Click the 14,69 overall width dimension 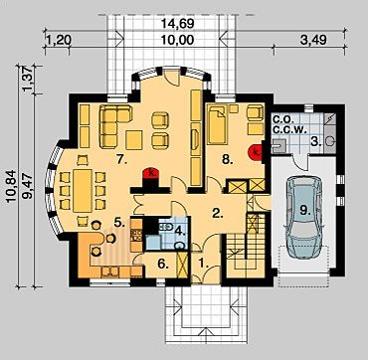[177, 24]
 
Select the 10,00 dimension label [177, 40]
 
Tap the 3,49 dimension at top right [312, 40]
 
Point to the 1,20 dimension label [59, 41]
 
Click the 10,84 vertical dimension [11, 186]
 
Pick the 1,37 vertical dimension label [28, 80]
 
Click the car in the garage [304, 217]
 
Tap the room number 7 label [121, 159]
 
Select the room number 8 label [227, 160]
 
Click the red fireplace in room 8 [256, 153]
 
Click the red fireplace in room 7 [150, 174]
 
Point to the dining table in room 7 [83, 190]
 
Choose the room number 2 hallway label [217, 214]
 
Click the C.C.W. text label [287, 129]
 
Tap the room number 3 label [315, 142]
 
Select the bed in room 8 [218, 125]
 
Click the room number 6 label [161, 264]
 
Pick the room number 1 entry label [203, 264]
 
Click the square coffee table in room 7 [134, 140]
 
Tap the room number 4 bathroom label [180, 231]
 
